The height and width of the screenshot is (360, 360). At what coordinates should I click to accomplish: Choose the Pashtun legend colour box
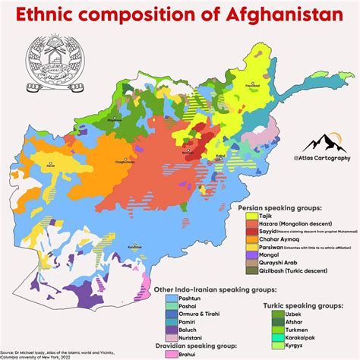point(172,300)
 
